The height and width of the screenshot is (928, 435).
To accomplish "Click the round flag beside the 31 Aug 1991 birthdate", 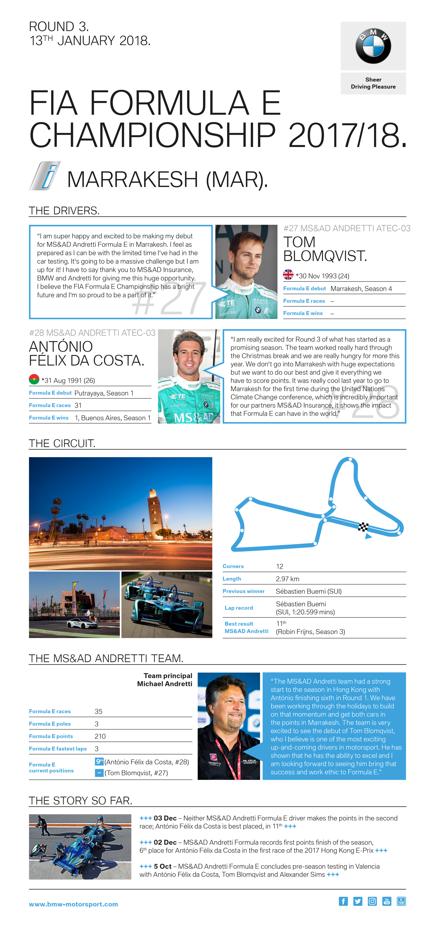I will coord(34,379).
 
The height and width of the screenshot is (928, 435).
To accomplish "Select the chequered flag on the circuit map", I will coord(363,527).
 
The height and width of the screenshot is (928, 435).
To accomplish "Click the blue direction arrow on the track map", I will coord(368,536).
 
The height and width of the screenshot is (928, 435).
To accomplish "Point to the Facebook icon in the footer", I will coord(343,901).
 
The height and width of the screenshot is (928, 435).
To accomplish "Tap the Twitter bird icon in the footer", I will coord(358,901).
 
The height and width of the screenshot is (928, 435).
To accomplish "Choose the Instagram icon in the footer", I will coord(372,901).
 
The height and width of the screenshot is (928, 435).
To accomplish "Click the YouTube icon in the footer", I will coord(387,901).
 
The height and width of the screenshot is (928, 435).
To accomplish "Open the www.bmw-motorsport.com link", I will coord(74,904).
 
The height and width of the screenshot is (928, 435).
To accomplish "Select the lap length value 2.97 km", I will coord(287,579).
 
